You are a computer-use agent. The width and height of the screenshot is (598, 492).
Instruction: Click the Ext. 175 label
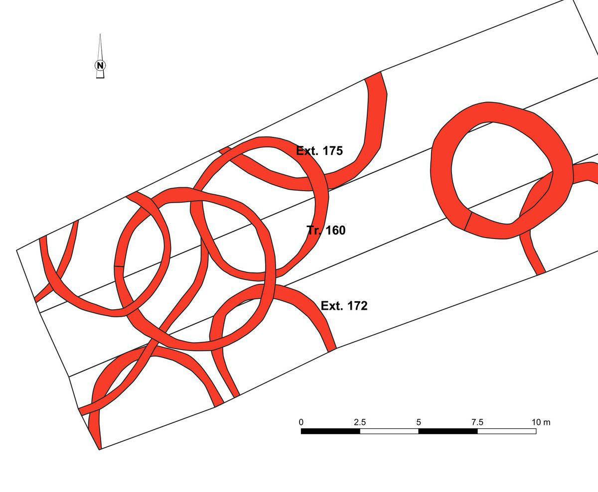(319, 151)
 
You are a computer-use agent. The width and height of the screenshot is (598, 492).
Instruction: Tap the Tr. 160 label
(326, 230)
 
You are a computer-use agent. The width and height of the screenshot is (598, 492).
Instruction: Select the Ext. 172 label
(344, 306)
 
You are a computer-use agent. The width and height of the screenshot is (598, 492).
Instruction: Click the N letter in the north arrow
(100, 65)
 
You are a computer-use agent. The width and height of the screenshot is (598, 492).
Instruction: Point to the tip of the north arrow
(100, 34)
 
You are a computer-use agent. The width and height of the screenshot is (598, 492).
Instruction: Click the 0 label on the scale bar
(301, 422)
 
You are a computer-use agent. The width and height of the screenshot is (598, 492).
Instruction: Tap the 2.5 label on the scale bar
(360, 422)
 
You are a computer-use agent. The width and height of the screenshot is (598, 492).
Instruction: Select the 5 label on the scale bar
(419, 422)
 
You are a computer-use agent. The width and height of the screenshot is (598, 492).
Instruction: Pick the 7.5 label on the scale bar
(477, 422)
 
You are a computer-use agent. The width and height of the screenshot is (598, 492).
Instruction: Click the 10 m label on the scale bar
(541, 422)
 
